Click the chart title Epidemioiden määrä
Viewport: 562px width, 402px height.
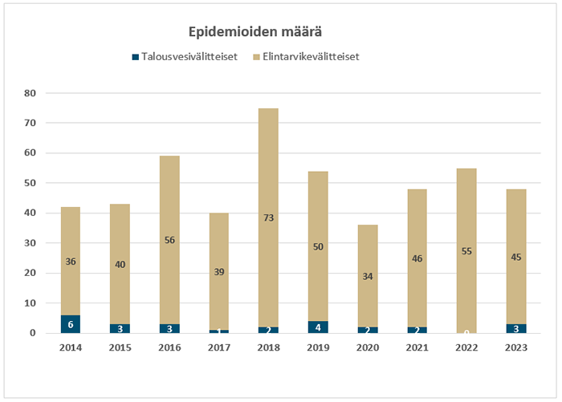[256, 31]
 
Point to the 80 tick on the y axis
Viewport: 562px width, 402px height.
[31, 93]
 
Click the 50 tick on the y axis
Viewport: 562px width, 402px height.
[31, 183]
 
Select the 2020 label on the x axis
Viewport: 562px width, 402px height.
[367, 348]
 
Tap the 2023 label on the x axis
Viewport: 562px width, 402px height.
[515, 348]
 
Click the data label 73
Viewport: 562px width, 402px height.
[268, 217]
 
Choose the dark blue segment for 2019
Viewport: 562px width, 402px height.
[317, 327]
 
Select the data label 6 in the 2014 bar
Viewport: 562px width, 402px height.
[70, 323]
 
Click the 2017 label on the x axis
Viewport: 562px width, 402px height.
[218, 348]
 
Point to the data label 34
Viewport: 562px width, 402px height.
[367, 277]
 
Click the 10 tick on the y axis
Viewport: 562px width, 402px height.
[31, 303]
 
